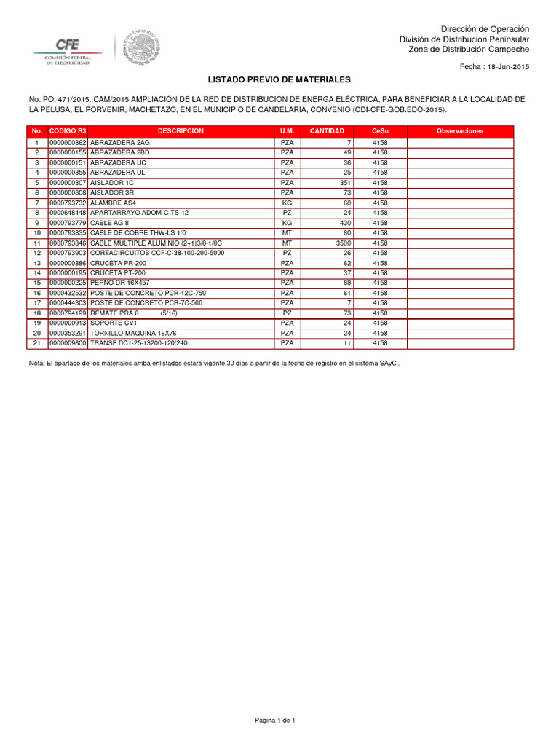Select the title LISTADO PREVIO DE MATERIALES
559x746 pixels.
pos(279,79)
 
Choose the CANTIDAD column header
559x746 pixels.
pos(327,131)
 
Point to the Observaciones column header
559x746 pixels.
pos(459,131)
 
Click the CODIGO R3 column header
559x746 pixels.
pos(68,131)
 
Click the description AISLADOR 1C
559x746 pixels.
pos(112,182)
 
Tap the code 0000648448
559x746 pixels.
pos(68,212)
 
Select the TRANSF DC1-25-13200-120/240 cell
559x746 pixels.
pos(138,342)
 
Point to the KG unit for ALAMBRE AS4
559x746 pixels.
pos(287,203)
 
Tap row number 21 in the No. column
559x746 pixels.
pos(36,342)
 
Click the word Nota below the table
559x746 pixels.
pos(36,362)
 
